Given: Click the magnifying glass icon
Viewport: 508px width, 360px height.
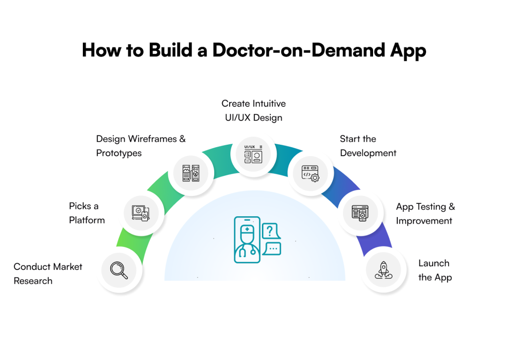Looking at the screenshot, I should pyautogui.click(x=119, y=270).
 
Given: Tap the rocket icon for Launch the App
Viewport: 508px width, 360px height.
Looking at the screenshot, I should pyautogui.click(x=383, y=270).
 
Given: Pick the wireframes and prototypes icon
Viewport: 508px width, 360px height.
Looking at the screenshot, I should pyautogui.click(x=190, y=173).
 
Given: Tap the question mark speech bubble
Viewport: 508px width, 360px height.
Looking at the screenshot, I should pyautogui.click(x=270, y=231).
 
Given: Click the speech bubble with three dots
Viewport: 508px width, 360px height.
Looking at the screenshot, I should pyautogui.click(x=272, y=248).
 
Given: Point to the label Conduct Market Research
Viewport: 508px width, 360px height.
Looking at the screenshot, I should pyautogui.click(x=48, y=274).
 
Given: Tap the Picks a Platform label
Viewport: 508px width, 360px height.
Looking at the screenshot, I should pyautogui.click(x=87, y=213).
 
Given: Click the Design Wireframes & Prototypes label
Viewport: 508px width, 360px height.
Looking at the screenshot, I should pyautogui.click(x=141, y=146).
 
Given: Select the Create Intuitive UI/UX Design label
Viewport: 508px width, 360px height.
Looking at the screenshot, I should pyautogui.click(x=254, y=111).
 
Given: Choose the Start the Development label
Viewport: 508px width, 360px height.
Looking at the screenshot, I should pyautogui.click(x=368, y=146).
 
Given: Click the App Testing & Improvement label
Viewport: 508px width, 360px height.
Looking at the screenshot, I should pyautogui.click(x=425, y=214).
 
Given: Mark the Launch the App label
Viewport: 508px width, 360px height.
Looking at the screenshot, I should pyautogui.click(x=435, y=270).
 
